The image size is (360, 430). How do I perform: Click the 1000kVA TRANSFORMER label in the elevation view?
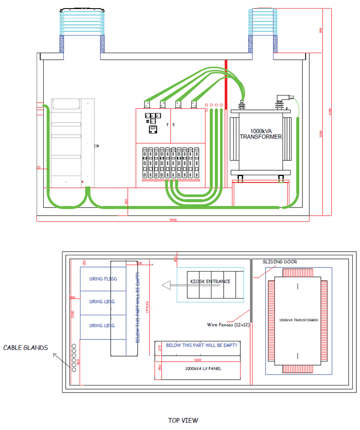point(261,133)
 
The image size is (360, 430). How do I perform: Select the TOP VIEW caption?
point(183,421)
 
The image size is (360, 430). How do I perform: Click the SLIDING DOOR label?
point(279,262)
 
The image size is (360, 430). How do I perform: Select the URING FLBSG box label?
point(103,278)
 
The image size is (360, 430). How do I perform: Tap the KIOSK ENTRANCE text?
point(210,282)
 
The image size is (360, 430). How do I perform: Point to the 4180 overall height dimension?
point(330,110)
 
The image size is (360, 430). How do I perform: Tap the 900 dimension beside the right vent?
point(321,30)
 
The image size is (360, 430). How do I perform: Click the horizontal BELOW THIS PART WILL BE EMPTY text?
point(202,345)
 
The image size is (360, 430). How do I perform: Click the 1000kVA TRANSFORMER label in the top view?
point(298,320)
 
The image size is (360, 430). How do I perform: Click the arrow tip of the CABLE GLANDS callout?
point(54,354)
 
